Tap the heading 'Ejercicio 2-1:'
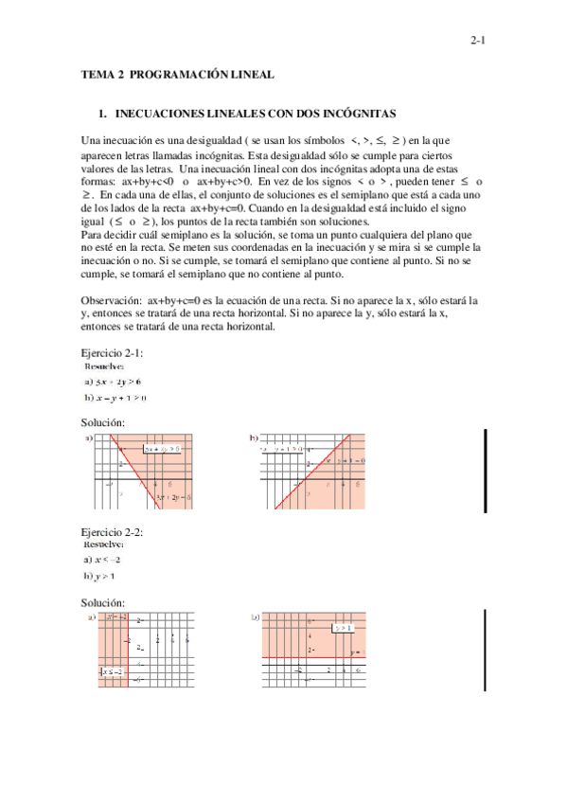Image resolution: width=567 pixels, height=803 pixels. coord(112,352)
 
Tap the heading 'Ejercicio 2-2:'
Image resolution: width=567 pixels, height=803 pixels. coord(112,533)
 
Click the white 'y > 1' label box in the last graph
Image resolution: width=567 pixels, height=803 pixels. coord(343,627)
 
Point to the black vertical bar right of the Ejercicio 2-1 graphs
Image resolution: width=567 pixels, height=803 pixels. coord(486,462)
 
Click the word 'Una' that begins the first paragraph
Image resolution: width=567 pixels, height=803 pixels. coord(92,140)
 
